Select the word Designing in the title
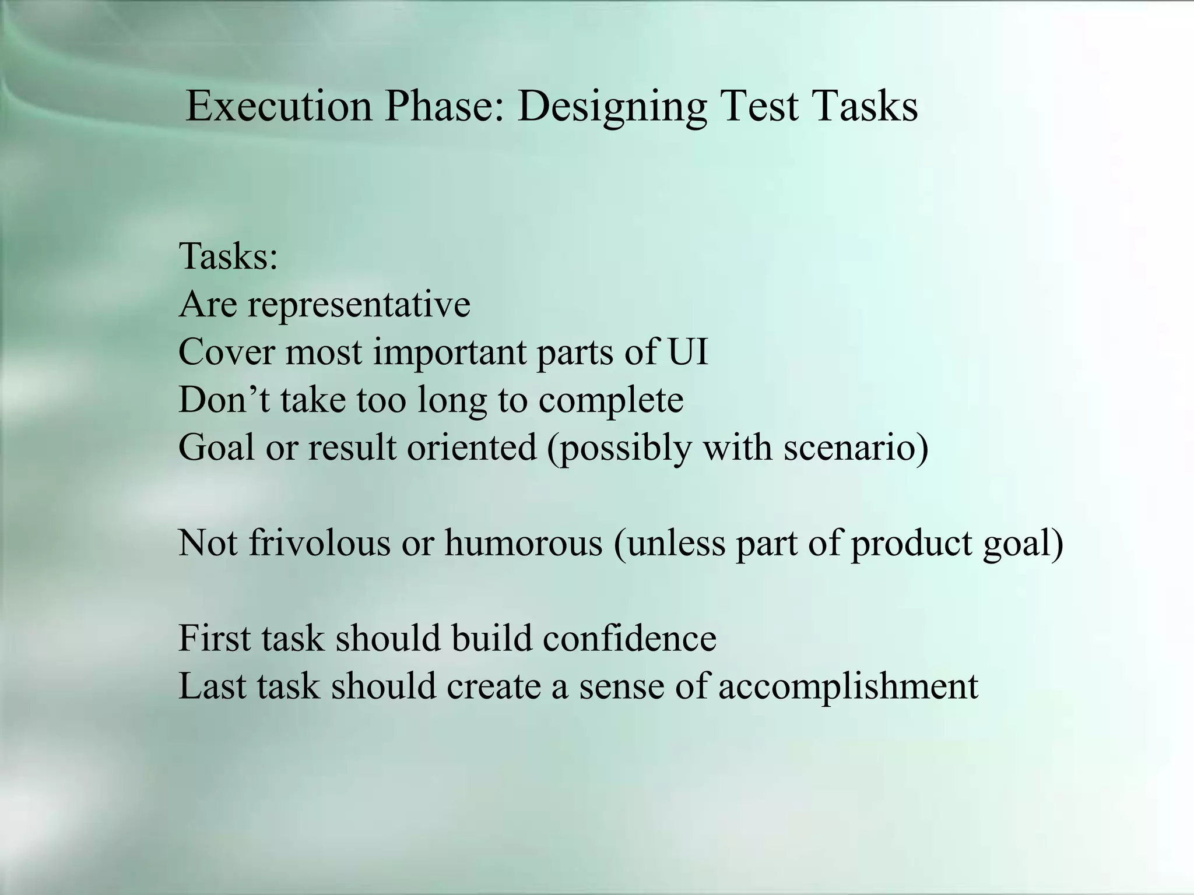[x=612, y=107]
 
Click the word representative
[x=359, y=305]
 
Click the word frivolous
[x=319, y=543]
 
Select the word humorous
[x=523, y=543]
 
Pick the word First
[x=215, y=638]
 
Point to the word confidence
[x=629, y=638]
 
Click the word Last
[x=212, y=686]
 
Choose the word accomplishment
[x=848, y=687]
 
